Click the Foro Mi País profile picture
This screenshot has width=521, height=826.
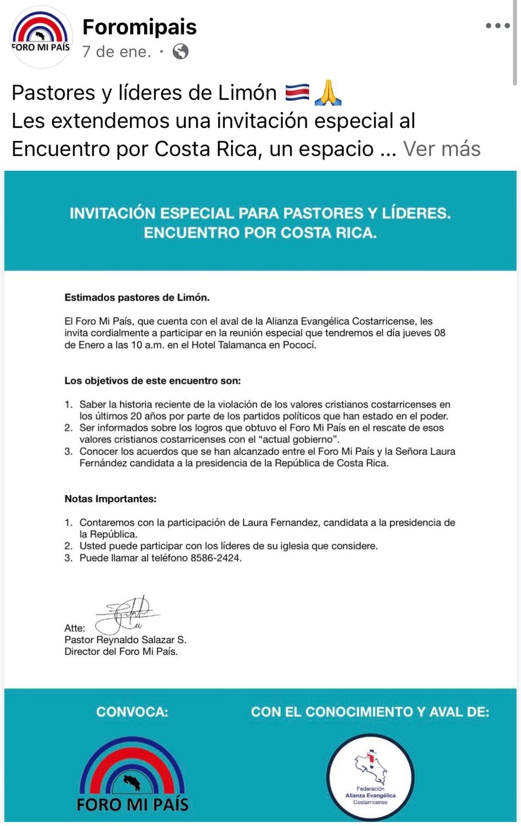pos(41,37)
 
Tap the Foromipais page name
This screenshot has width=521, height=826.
pos(139,27)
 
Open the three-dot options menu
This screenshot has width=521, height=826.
pos(497,25)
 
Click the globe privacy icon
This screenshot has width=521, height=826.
pos(180,52)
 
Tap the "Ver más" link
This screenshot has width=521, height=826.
pos(442,149)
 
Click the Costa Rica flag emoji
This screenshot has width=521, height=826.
pos(297,93)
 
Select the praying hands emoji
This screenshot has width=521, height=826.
pos(328,93)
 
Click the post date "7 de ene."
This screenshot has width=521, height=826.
pos(117,52)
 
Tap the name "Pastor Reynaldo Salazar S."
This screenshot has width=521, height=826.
pos(125,640)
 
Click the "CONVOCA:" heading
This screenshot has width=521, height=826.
pos(132,712)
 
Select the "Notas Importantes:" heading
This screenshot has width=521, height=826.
pos(110,499)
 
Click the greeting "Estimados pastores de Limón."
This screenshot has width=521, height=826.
pos(137,297)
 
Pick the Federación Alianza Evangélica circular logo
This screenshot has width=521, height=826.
pos(370,777)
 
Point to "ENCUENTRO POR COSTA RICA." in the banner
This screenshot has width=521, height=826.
pos(260,233)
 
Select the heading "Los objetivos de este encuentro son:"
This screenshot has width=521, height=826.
pos(153,380)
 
